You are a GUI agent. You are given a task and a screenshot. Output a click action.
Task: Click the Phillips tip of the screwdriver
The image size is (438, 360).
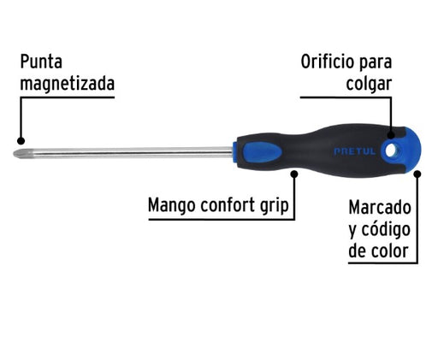20,154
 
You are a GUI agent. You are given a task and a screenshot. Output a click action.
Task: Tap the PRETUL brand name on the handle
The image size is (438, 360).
355,151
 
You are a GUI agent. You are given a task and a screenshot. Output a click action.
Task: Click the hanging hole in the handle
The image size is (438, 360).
391,150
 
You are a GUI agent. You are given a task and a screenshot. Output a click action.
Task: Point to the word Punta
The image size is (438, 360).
41,62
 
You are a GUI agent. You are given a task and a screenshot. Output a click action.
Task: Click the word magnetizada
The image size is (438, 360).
68,84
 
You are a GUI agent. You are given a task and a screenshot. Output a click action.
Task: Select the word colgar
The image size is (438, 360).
369,84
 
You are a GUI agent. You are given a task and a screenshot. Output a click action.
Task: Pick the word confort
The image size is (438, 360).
228,204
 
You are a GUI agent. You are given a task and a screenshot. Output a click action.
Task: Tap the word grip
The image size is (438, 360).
275,206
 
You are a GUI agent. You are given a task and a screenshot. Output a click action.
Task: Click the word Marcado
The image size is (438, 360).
380,207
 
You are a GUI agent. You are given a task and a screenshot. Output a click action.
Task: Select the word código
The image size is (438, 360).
386,230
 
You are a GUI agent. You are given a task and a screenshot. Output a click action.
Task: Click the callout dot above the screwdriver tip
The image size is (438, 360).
21,140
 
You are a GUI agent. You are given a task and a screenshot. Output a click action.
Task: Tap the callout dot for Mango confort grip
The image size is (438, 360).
294,174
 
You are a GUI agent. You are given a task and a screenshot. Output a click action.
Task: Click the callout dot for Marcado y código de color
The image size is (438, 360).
417,174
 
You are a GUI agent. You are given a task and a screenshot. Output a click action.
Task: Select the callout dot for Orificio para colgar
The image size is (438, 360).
391,135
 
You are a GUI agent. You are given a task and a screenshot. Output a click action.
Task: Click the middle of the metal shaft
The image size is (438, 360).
129,153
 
